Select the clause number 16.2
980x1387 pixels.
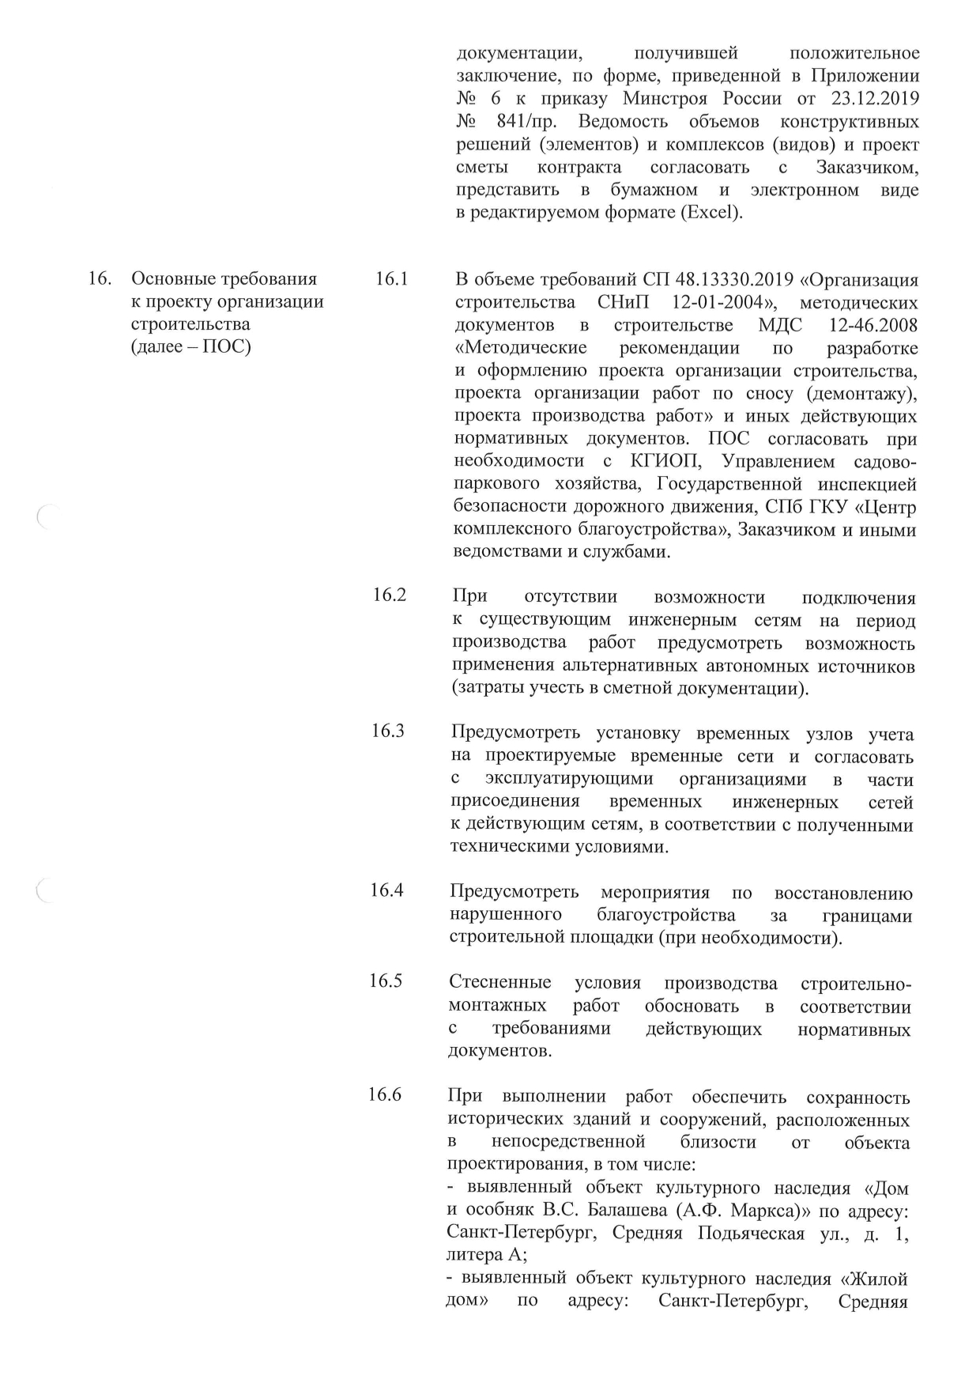coord(390,595)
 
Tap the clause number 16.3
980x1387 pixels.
coord(388,731)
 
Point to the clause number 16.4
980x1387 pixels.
coord(387,890)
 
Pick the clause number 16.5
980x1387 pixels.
coord(386,981)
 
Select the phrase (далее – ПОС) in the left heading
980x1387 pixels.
coord(190,346)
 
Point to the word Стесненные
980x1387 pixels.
coord(499,983)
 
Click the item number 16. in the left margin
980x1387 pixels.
coord(99,279)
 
